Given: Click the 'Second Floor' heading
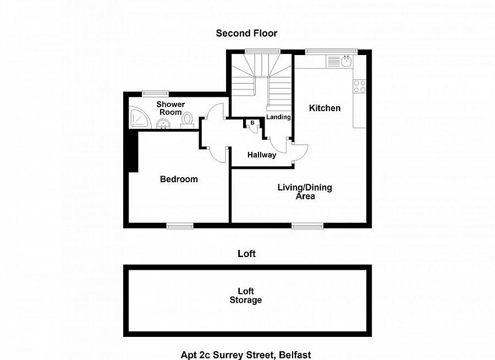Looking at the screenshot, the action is [x=246, y=33].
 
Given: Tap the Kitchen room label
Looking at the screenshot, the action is [x=324, y=108].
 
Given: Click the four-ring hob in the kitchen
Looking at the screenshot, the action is [x=360, y=86].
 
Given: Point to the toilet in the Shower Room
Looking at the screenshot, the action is [x=187, y=121].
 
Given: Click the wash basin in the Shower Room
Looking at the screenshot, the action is [x=163, y=124].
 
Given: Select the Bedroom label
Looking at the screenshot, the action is [x=179, y=179].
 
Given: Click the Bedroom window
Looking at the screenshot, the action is [x=180, y=226].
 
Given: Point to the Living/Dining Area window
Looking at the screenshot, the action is [x=307, y=226].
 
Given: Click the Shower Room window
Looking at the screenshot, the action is [x=155, y=93].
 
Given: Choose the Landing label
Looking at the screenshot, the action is [x=278, y=117].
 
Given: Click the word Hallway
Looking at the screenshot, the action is [x=262, y=155].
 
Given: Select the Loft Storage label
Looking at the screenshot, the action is [x=246, y=296].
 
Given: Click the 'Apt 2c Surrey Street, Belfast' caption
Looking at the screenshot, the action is [x=246, y=355].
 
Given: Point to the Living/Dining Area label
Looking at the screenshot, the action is [x=305, y=192].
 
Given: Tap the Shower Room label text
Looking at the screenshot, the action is [x=170, y=108].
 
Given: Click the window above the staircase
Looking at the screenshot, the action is [x=263, y=51].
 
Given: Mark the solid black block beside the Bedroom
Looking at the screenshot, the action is [x=133, y=152].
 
